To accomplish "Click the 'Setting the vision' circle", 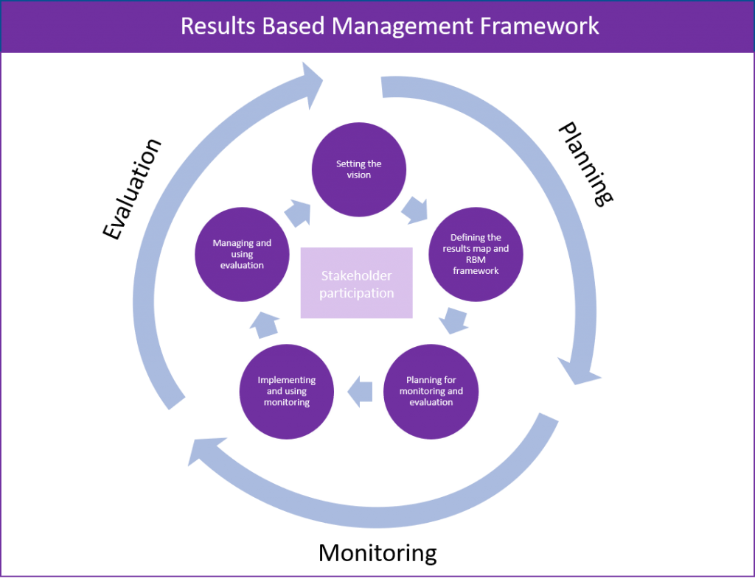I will tap(359, 170).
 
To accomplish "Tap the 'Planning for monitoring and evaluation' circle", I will tap(431, 391).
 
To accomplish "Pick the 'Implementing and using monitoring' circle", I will tap(287, 391).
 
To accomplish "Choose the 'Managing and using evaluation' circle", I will tap(242, 253).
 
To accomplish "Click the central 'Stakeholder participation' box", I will tap(357, 284).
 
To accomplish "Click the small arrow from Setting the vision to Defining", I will tap(416, 209).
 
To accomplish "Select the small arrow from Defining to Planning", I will tap(453, 322).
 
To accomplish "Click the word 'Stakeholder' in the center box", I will tap(357, 275).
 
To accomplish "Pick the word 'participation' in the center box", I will tap(357, 293).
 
